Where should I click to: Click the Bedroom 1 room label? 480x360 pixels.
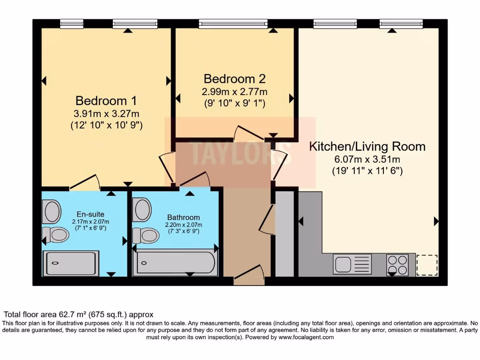107,101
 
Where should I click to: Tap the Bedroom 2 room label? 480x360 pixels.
235,78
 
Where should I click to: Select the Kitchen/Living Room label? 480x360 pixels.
367,146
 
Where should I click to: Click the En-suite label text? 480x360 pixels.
90,214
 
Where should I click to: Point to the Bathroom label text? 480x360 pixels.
183,217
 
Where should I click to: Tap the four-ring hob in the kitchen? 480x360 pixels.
397,264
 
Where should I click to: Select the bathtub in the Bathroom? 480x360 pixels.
174,262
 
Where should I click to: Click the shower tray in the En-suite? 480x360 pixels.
71,263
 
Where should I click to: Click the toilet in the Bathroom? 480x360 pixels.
146,235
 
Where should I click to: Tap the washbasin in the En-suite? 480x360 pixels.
52,211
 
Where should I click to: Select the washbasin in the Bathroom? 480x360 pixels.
142,210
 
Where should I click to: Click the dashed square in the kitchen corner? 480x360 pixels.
427,265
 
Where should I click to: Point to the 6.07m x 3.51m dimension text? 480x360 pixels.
367,160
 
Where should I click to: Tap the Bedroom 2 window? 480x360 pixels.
233,23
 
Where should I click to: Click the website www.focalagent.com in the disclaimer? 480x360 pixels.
306,337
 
